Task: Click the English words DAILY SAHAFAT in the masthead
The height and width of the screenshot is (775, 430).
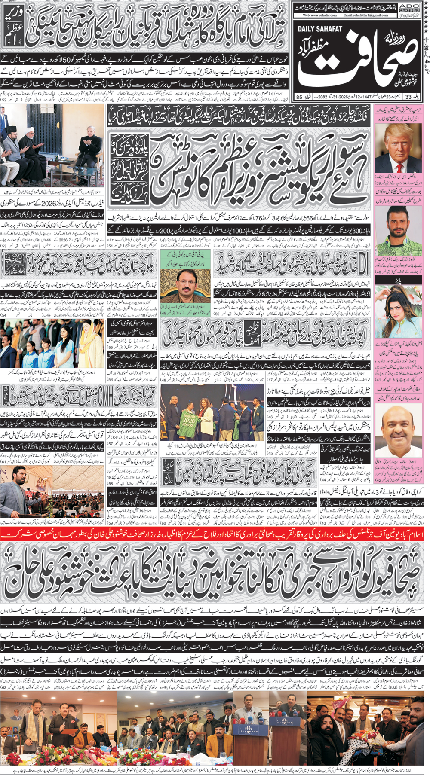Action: coord(320,29)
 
